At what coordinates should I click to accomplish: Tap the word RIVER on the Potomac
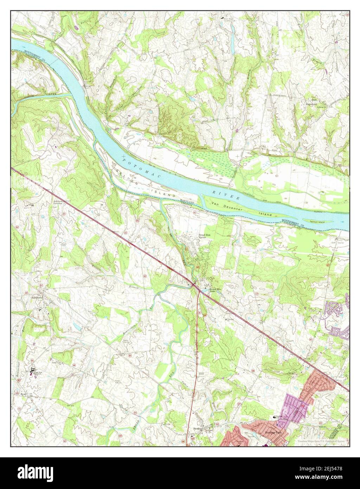pyautogui.click(x=226, y=196)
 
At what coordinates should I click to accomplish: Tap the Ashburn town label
pyautogui.click(x=38, y=297)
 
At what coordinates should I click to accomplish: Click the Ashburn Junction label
pyautogui.click(x=59, y=203)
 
